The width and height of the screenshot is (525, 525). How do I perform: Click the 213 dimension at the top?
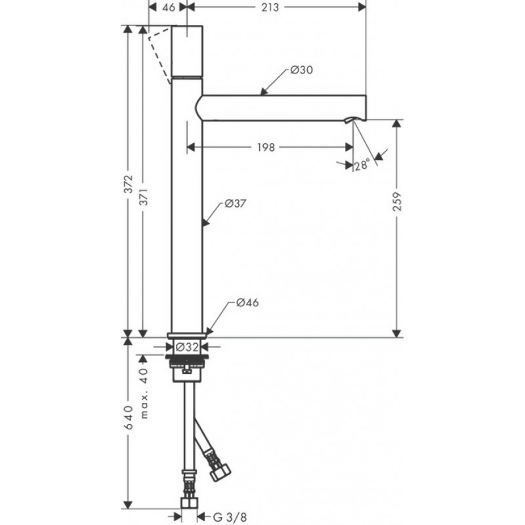[270, 8]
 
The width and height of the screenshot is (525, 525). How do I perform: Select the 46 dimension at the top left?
[168, 8]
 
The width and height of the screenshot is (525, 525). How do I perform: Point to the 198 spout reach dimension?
[265, 147]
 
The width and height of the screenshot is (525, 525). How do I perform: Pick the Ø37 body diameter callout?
[235, 203]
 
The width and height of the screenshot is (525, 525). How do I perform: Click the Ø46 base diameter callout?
[245, 303]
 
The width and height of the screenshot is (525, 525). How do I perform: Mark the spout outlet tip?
[353, 119]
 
